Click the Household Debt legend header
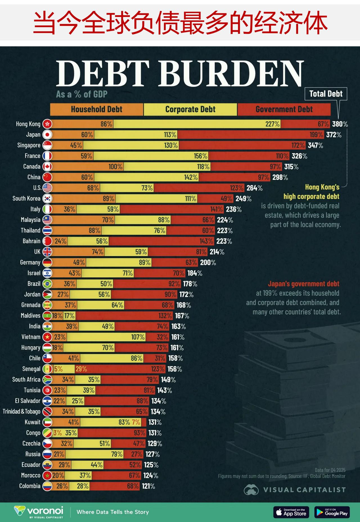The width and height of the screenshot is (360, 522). [x=96, y=109]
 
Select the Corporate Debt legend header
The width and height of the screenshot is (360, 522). [x=190, y=109]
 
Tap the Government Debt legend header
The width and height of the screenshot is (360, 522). [x=284, y=109]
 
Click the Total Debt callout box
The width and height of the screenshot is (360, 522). [x=326, y=94]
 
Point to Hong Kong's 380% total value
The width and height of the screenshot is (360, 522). [x=340, y=124]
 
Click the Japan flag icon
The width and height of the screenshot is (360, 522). [x=47, y=135]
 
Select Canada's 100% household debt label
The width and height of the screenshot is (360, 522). [x=116, y=167]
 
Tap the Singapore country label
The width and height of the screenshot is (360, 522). [x=29, y=145]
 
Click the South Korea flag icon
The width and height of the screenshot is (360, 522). [x=47, y=199]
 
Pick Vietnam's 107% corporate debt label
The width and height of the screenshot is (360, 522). [x=138, y=337]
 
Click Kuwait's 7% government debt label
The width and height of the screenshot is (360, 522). [x=136, y=422]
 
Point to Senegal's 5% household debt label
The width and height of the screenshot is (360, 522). [x=58, y=369]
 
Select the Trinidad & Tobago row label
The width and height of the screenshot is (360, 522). [x=21, y=411]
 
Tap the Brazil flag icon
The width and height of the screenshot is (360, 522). [x=47, y=284]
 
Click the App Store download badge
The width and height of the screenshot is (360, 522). [x=291, y=512]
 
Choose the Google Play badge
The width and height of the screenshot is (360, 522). [x=332, y=512]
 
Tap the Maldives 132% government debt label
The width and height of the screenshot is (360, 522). [x=165, y=316]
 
